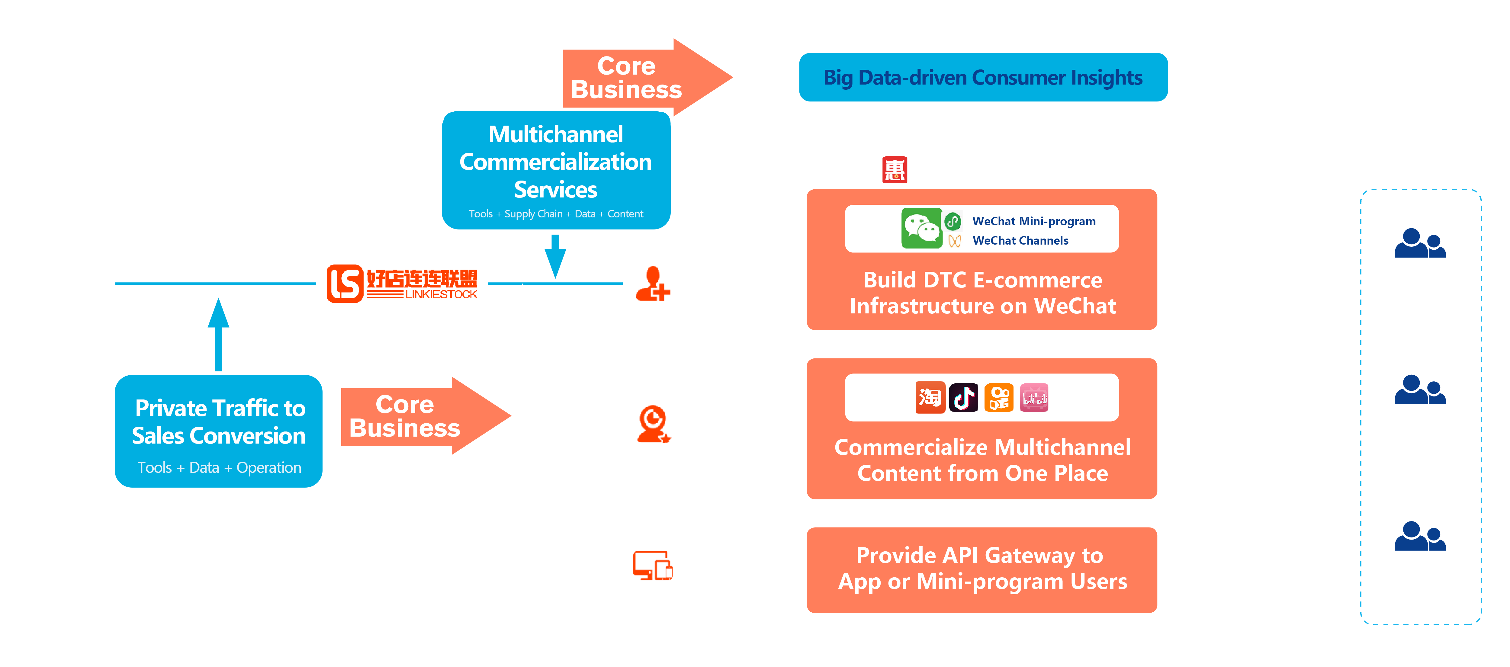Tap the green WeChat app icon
921,228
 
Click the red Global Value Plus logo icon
895,170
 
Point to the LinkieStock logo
402,284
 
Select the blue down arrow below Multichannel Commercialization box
555,256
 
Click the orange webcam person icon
653,424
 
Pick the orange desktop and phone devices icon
652,566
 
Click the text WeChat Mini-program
1033,221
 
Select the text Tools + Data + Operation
219,468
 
